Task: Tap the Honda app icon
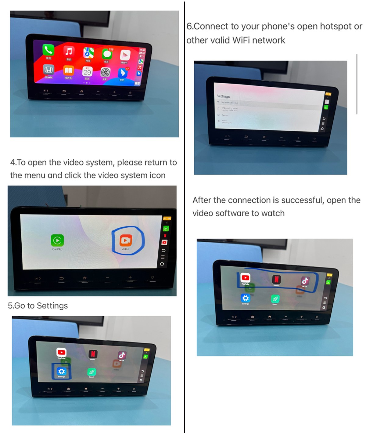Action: point(48,70)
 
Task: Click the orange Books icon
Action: point(69,71)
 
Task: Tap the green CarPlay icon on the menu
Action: point(57,240)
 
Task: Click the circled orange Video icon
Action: point(126,240)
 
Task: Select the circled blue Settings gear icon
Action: point(61,371)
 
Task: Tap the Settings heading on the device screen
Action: point(223,96)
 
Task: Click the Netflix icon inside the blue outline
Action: point(276,279)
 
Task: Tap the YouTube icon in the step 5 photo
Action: point(61,352)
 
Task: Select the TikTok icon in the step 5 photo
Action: point(122,355)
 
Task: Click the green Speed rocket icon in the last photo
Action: point(275,299)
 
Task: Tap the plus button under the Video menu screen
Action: point(130,278)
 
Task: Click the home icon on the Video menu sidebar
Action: point(162,264)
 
